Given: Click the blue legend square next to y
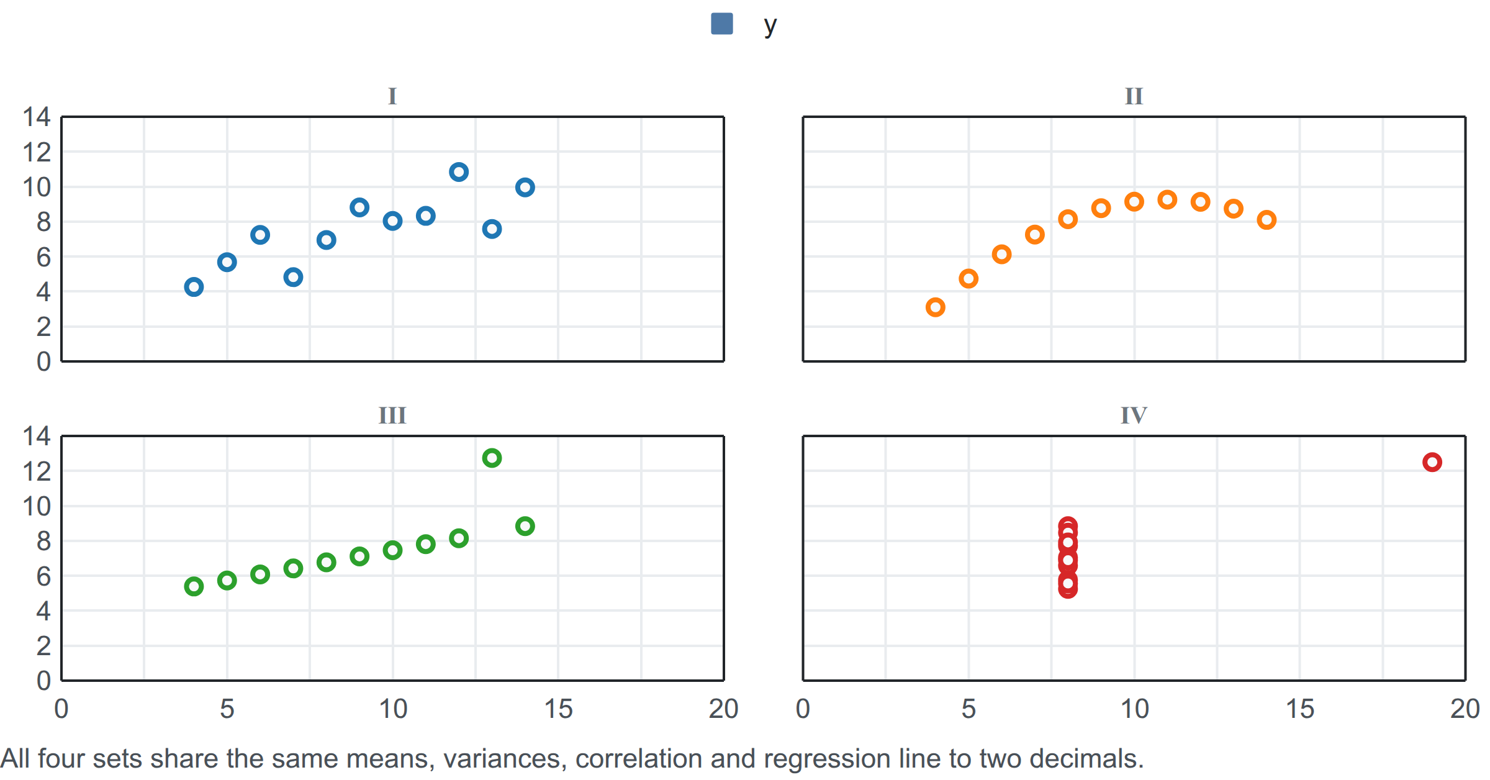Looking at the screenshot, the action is (721, 24).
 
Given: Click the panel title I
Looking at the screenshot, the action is (392, 96).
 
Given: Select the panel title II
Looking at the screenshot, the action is (1134, 96).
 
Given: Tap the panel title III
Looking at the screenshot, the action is (392, 415).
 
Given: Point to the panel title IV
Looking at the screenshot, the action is (1134, 415).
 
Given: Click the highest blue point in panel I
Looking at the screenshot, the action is (459, 172).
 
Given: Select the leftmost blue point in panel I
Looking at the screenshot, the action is (194, 287).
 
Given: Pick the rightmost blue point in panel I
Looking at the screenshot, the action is (525, 188).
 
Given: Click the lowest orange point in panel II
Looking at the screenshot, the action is (936, 307).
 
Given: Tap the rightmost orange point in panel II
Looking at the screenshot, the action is (1266, 220).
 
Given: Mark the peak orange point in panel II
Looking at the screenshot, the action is (1167, 200).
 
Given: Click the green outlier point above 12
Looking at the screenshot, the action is (492, 458).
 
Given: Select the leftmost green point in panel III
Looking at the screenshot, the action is (194, 586).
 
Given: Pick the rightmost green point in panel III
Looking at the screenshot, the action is (525, 527).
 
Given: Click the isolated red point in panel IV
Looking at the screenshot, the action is (1432, 462).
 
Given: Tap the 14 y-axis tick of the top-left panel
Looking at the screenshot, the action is (37, 117).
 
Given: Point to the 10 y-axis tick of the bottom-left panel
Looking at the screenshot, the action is (37, 506).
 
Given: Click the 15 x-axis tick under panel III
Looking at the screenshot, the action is (558, 709).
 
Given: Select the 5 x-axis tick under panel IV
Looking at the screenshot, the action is (968, 709).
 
